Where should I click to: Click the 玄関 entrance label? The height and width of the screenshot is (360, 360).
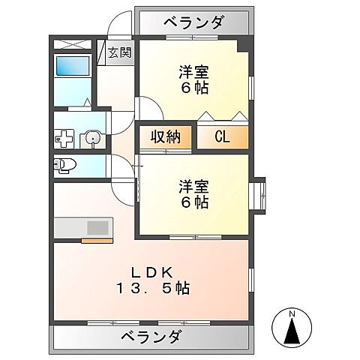118,52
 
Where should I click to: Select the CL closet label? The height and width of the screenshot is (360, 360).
221,136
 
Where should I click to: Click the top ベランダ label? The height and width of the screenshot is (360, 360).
193,23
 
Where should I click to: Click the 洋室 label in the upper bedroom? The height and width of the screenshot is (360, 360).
193,72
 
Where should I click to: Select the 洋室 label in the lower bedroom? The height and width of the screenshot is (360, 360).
193,185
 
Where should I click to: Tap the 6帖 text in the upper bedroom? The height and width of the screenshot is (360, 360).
193,88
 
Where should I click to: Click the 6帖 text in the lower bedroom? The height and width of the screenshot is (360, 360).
193,202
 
